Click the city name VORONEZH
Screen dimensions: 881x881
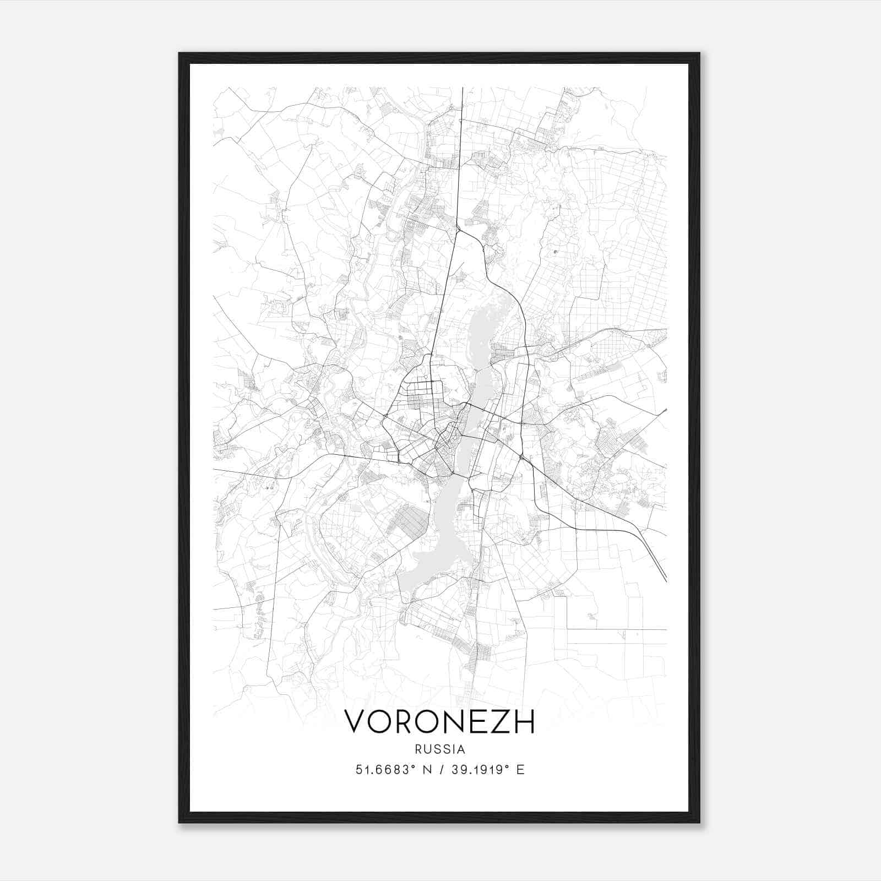pos(439,721)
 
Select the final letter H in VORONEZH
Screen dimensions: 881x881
pos(524,721)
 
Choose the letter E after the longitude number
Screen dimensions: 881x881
pos(520,770)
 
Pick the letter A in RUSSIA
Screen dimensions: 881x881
pos(461,749)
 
